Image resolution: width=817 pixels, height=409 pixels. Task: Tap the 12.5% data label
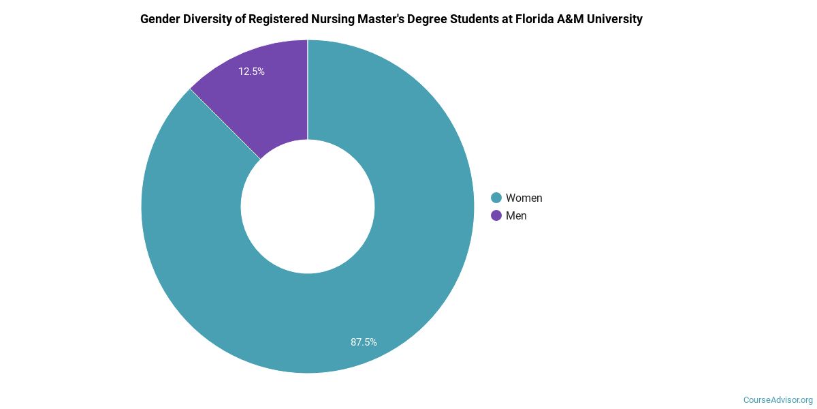[x=251, y=71]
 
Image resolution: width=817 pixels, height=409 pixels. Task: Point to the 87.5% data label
[x=364, y=342]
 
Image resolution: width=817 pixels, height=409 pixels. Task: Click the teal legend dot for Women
[x=496, y=198]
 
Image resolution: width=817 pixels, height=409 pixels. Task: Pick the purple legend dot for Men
[x=496, y=215]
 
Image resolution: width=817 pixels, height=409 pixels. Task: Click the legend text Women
[x=524, y=198]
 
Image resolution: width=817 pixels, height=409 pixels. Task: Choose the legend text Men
[x=516, y=215]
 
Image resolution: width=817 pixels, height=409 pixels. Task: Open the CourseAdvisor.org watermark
[x=778, y=399]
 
